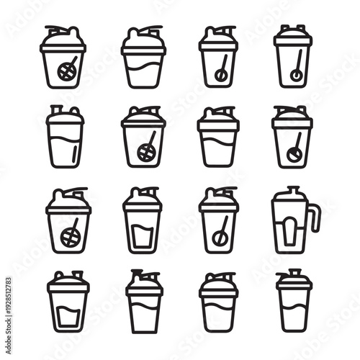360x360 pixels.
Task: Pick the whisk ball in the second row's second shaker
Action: pyautogui.click(x=146, y=152)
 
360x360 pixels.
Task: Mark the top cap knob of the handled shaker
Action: pyautogui.click(x=292, y=191)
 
